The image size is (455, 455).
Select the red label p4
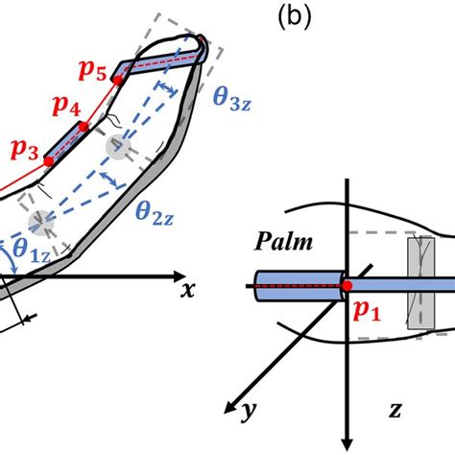(57, 111)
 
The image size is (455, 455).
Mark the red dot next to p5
(118, 82)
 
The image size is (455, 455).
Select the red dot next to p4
(84, 126)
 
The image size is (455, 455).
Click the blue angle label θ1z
(27, 252)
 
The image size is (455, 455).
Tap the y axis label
(249, 412)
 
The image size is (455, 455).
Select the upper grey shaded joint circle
(118, 147)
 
